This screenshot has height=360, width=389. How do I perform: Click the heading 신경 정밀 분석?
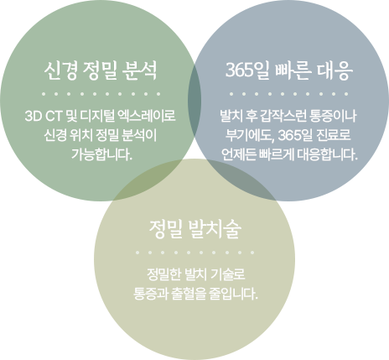(x=101, y=70)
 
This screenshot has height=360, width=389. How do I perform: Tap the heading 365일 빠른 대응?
(x=288, y=70)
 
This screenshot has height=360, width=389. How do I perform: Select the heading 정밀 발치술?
(x=194, y=229)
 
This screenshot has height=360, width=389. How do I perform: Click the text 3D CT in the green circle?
(x=43, y=116)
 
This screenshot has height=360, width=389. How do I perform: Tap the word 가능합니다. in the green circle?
(x=101, y=154)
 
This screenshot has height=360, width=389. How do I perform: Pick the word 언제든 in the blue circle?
(x=239, y=154)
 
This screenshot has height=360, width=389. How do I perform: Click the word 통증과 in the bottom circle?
(x=150, y=294)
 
